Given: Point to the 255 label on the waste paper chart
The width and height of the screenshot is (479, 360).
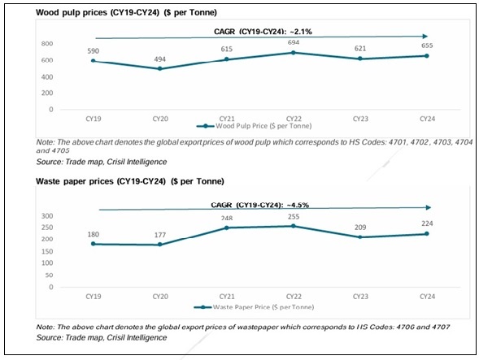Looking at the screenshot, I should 293,216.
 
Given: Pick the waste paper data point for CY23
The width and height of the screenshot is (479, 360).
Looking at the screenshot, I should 359,236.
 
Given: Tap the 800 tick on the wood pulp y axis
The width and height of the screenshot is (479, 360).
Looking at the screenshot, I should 47,44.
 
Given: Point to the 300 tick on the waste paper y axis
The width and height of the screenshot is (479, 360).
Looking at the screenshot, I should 47,216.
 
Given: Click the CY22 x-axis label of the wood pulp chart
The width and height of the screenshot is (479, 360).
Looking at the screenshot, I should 293,118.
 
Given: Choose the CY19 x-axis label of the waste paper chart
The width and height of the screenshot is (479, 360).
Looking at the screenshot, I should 93,297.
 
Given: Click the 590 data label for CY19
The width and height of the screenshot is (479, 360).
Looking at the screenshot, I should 93,50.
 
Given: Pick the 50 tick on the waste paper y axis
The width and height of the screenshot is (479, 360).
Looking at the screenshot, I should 49,276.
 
